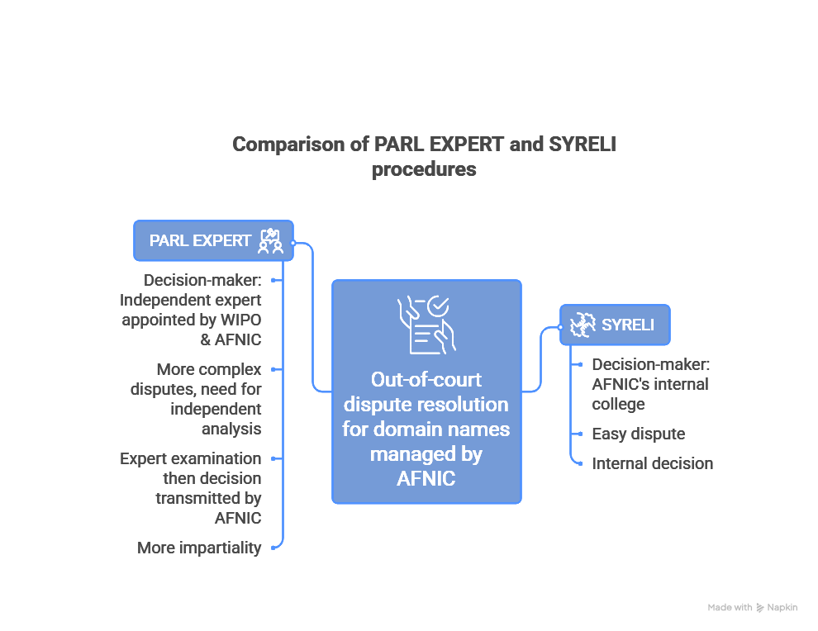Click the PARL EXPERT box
click(x=213, y=240)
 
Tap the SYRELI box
click(x=615, y=325)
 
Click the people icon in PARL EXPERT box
click(x=270, y=241)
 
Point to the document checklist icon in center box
click(x=426, y=324)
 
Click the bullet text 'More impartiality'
click(x=199, y=548)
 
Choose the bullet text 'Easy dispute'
click(x=638, y=434)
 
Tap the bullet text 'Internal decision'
click(x=652, y=463)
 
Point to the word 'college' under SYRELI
click(x=618, y=404)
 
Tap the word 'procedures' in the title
click(x=424, y=169)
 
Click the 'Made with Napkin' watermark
click(x=752, y=607)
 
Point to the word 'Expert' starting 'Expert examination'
click(x=144, y=458)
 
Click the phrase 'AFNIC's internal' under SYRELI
click(x=649, y=384)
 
